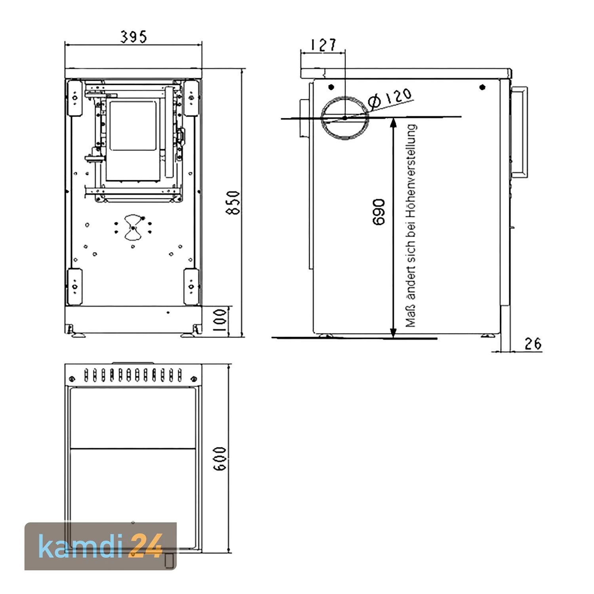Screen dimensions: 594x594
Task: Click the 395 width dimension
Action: click(133, 37)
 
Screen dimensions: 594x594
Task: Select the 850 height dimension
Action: click(234, 203)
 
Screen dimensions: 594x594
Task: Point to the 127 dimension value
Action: click(323, 45)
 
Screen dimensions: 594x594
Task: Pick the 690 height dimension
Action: click(379, 212)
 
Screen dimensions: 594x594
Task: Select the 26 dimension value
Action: click(533, 344)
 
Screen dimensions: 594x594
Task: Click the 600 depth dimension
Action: click(220, 459)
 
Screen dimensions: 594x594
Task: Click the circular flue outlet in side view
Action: click(345, 118)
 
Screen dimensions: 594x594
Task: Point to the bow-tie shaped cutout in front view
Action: click(133, 228)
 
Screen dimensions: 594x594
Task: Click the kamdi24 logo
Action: click(101, 546)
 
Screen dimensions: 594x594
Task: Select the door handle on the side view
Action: click(520, 132)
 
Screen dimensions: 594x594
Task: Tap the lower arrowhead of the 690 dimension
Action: click(393, 333)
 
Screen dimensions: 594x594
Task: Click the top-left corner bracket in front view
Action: click(74, 98)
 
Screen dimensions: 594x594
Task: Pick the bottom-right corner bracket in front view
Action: click(190, 286)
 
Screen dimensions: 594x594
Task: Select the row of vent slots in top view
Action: click(133, 374)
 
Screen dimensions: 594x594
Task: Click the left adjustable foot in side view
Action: click(326, 336)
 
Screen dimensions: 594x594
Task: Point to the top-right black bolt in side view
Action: click(482, 87)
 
